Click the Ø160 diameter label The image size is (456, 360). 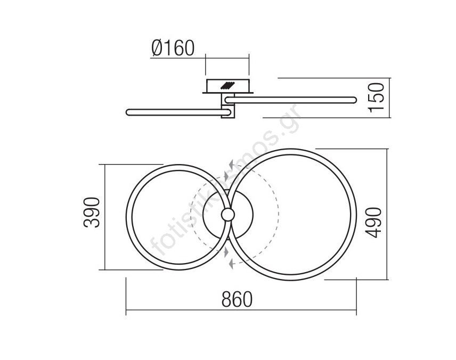coord(173,48)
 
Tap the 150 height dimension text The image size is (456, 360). coord(376,97)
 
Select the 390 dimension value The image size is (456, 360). coord(92,212)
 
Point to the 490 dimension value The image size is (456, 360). coord(373,223)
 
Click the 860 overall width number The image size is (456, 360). coord(237,299)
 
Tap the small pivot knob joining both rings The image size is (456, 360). coord(227,215)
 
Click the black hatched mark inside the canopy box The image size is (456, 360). coord(227,86)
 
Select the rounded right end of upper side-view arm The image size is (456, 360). coord(354,100)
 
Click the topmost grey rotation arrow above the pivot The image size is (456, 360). coord(231,165)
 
